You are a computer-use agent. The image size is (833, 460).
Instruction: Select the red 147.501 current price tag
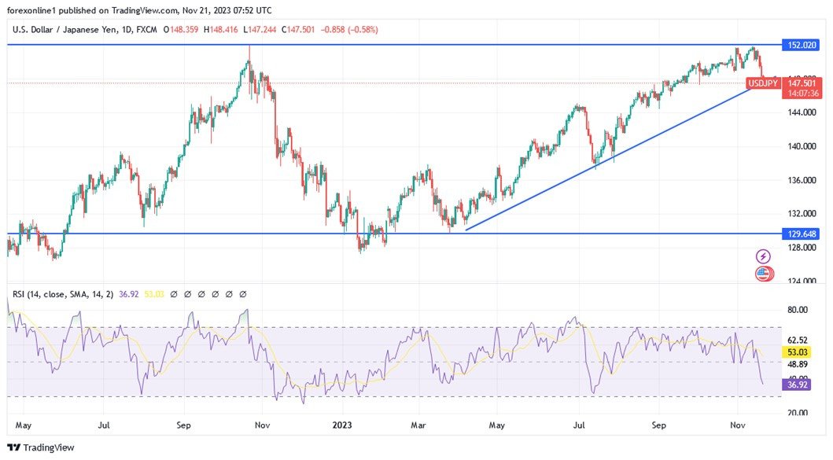coord(800,83)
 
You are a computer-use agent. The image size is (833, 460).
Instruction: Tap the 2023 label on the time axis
coord(342,425)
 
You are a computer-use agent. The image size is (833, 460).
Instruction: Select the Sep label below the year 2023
coord(659,425)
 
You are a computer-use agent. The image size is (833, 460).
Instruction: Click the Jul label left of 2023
coord(103,425)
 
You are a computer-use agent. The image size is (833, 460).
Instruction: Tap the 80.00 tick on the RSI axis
coord(798,310)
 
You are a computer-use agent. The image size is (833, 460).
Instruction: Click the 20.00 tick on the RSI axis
coord(798,412)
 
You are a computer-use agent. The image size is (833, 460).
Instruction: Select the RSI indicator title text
coord(62,294)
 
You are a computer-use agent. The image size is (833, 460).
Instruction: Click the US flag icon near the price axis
coord(763,274)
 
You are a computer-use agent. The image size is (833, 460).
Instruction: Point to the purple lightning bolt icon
coord(763,256)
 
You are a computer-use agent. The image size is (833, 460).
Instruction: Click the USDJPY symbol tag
coord(762,83)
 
